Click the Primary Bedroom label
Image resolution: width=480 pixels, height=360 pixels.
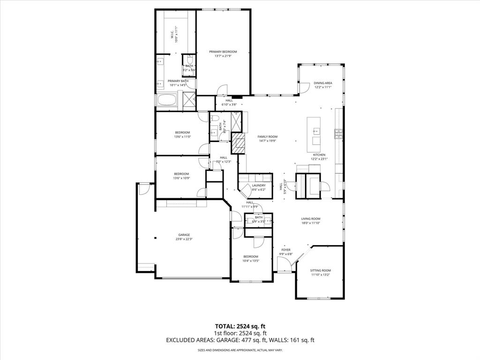[x=223, y=52]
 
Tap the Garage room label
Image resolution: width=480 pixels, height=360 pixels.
[x=184, y=235]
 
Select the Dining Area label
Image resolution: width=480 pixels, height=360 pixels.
[x=322, y=83]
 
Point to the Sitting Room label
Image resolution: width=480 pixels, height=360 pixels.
[x=321, y=270]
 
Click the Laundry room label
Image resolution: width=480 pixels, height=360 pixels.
[x=258, y=186]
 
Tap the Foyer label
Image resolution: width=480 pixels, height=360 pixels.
[x=285, y=250]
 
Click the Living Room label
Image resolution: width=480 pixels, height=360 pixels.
[x=310, y=218]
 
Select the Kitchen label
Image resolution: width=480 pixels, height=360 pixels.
[x=319, y=155]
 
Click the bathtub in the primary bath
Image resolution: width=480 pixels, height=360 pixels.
[x=167, y=100]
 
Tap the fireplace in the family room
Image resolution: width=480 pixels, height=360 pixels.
[x=239, y=143]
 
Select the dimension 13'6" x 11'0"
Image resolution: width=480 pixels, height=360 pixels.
[x=182, y=137]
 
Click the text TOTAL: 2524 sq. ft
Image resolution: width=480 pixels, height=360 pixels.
[x=240, y=326]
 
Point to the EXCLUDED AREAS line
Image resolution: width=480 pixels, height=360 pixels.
[x=240, y=340]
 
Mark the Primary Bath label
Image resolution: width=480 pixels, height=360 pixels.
[x=178, y=81]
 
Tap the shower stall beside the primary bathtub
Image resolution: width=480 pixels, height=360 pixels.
[x=189, y=100]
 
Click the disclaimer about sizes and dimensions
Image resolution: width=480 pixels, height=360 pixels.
[x=240, y=350]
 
